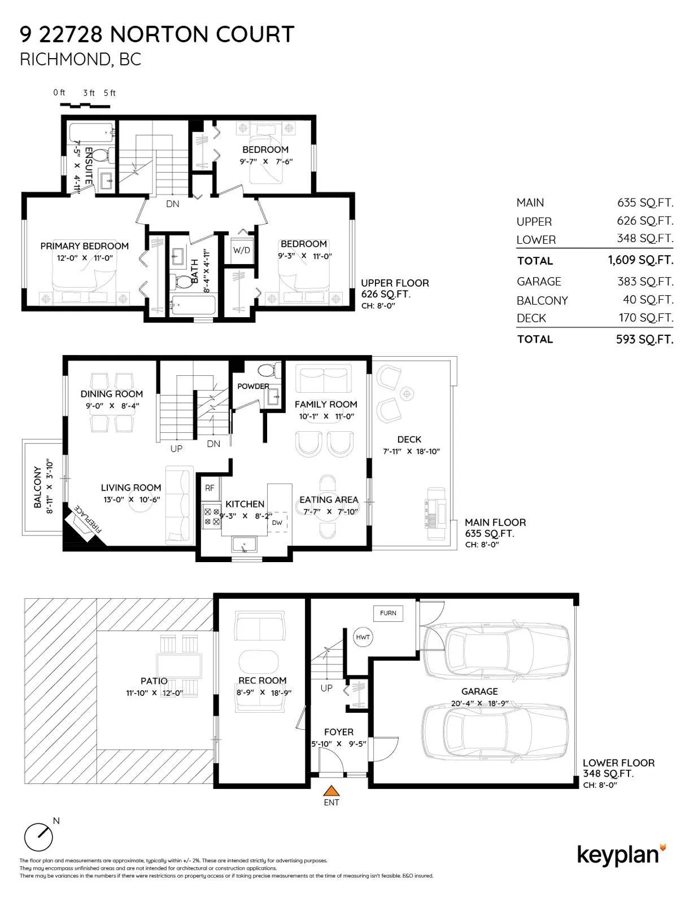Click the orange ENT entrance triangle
(331, 790)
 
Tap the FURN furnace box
(388, 613)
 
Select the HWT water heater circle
(363, 637)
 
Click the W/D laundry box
(242, 250)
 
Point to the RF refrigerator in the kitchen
(210, 488)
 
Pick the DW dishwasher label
(277, 523)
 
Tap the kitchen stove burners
(211, 516)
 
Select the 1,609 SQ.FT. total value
(640, 260)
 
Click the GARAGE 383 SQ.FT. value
(645, 282)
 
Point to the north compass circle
(38, 837)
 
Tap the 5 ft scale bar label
(110, 93)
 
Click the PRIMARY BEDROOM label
(84, 246)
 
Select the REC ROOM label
(263, 680)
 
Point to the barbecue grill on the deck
(435, 508)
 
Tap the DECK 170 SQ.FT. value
(646, 318)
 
